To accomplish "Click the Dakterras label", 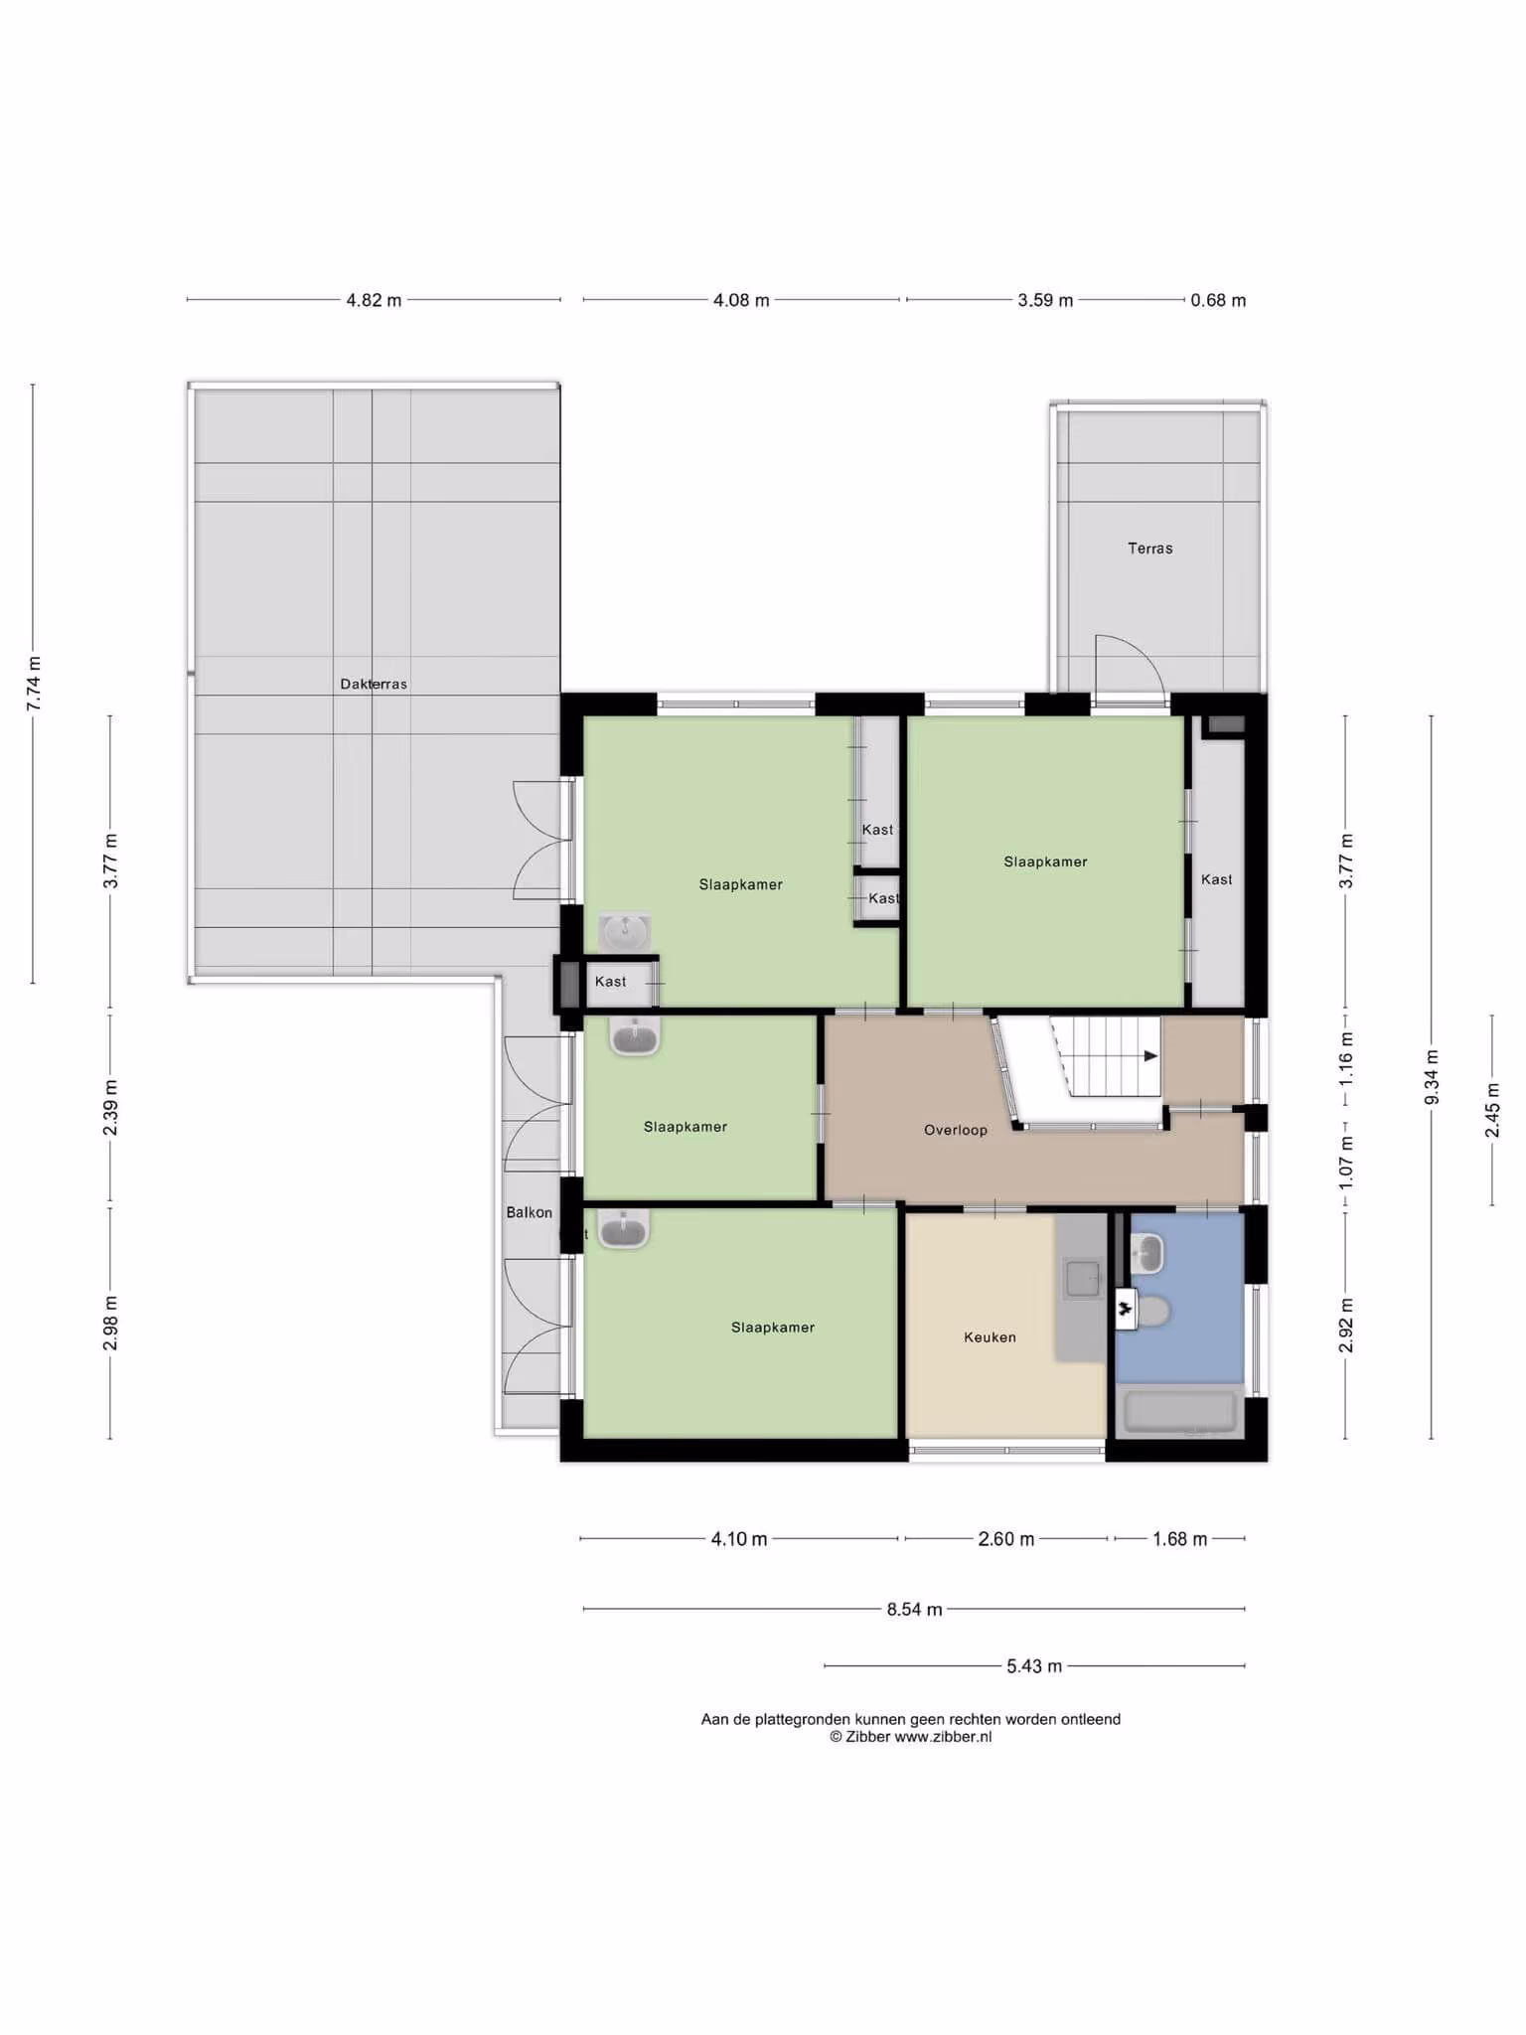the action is coord(374,684).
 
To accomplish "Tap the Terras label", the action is coord(1150,548).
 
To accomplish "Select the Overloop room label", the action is coord(956,1130).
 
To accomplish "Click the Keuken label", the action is coord(990,1337).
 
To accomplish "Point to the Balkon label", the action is coord(529,1212).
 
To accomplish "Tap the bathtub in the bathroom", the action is coord(1179,1413).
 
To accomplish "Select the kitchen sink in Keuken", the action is coord(1083,1278).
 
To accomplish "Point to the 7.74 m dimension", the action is coord(34,684).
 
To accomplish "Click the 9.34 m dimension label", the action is coord(1432,1077).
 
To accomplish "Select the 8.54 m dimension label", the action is coord(914,1609).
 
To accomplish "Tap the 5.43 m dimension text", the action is coord(1034,1665).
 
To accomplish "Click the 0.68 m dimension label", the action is coord(1218,300).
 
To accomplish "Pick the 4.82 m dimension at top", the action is coord(374,300).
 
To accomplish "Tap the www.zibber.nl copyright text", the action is coord(910,1737).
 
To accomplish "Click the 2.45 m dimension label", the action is coord(1492,1111).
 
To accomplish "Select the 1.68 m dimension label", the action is coord(1180,1539).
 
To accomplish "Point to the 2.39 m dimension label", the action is coord(110,1108).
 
